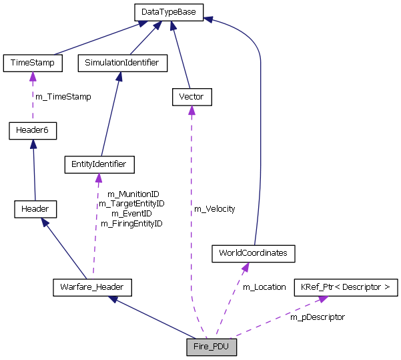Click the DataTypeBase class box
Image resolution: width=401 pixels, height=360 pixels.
(x=169, y=12)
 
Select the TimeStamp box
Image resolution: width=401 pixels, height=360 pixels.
(x=33, y=63)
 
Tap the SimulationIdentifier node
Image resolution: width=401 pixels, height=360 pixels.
(x=122, y=63)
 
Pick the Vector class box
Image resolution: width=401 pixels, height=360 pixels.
(x=191, y=97)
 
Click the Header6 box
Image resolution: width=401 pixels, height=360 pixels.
(x=33, y=130)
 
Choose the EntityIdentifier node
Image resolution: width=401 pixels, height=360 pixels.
(x=99, y=164)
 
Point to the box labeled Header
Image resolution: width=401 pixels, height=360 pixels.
(x=35, y=209)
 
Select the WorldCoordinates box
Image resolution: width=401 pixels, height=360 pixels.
(x=253, y=254)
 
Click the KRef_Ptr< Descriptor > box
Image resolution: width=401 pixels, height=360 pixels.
(x=346, y=287)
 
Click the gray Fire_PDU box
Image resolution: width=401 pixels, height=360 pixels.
(x=212, y=347)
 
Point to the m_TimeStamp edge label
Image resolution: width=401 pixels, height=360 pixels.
(x=63, y=97)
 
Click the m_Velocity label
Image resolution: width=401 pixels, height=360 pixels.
(x=214, y=209)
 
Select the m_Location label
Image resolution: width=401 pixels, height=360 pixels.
(x=264, y=287)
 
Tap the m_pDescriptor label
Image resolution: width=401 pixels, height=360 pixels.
(x=317, y=317)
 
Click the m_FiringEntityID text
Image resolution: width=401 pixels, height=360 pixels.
(x=131, y=223)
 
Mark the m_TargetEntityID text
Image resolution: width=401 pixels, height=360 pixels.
(x=131, y=204)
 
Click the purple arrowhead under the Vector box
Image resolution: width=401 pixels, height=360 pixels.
(x=191, y=110)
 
